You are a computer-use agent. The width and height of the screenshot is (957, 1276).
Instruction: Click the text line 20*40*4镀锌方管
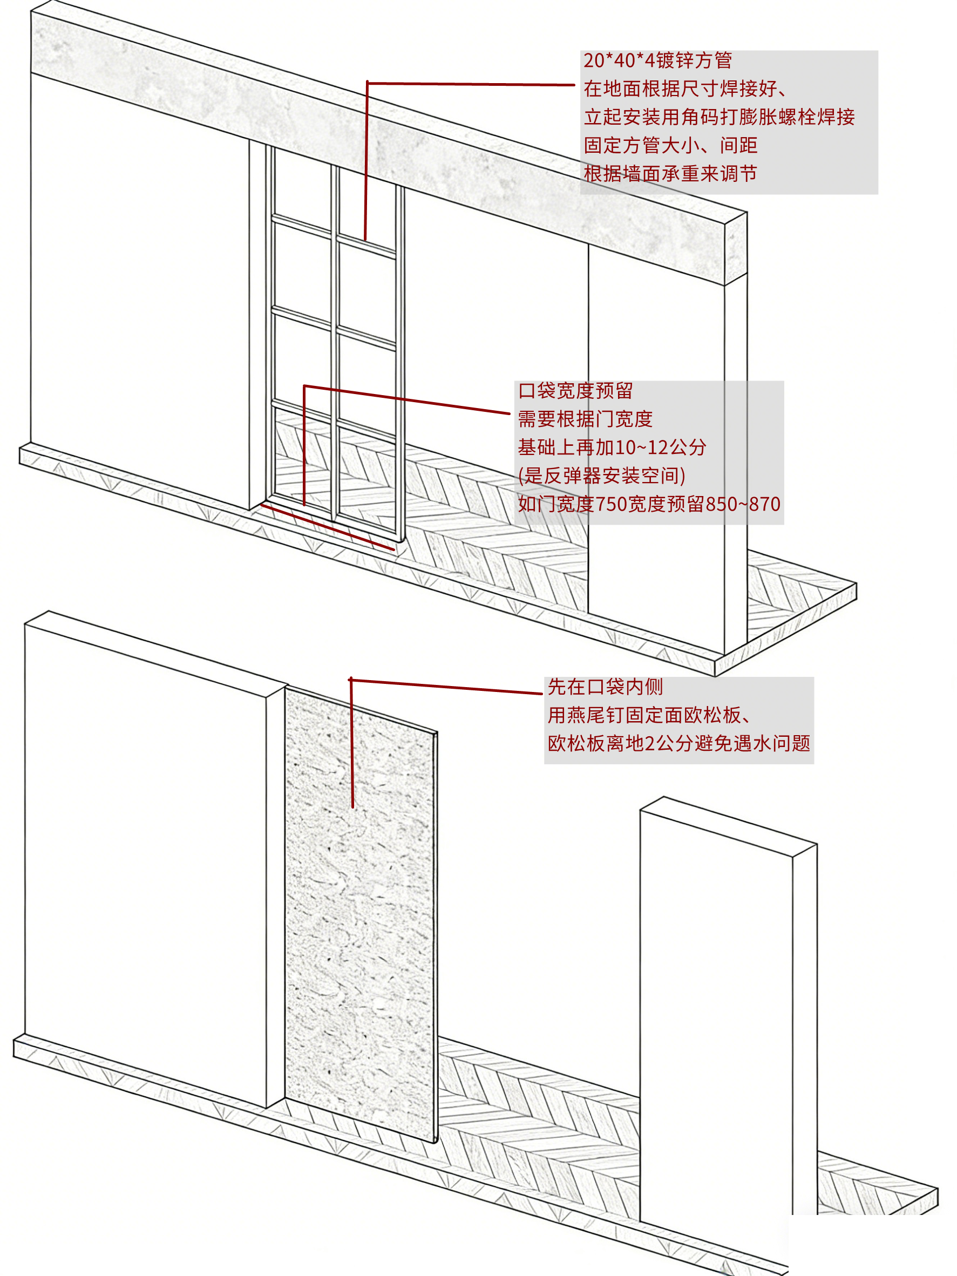[x=657, y=60]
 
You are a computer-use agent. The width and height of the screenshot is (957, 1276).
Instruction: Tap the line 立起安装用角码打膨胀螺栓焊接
[x=719, y=117]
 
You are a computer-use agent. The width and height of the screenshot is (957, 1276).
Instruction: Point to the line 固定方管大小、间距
[x=670, y=145]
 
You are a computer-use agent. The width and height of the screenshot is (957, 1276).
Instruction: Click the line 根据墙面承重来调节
[x=670, y=174]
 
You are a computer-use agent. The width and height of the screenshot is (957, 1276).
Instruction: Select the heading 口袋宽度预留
[x=575, y=391]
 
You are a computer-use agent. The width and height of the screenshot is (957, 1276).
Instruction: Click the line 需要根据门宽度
[x=585, y=419]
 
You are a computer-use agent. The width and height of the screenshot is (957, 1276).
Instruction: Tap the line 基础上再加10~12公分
[x=612, y=447]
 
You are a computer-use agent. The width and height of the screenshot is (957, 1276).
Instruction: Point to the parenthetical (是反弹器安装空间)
[x=601, y=476]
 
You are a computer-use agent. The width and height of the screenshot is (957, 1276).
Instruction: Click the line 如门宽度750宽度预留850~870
[x=648, y=504]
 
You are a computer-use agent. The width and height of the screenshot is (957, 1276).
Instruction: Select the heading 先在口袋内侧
[x=605, y=687]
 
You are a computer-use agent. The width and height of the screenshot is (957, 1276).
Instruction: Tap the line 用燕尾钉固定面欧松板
[x=648, y=715]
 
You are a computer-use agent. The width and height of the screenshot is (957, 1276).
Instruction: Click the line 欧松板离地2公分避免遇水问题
[x=678, y=744]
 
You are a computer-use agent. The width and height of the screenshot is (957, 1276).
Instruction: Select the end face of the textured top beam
[x=736, y=248]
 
